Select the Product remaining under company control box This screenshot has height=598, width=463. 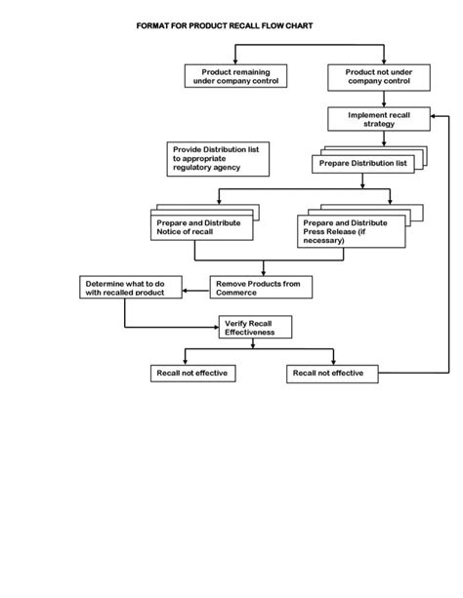(x=235, y=76)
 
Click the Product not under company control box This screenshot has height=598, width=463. (x=379, y=77)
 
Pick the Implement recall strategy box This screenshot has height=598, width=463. (x=379, y=119)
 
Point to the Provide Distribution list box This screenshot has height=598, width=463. (x=218, y=159)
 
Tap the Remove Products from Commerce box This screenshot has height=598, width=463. (x=261, y=287)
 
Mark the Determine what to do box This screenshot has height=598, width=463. (x=131, y=287)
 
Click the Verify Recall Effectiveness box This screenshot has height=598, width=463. (x=255, y=327)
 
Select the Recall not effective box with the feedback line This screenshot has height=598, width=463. (x=332, y=374)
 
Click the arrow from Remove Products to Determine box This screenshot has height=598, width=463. (x=196, y=291)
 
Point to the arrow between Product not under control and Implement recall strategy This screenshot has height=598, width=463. (x=384, y=100)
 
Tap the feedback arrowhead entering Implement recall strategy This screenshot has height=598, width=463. (x=433, y=116)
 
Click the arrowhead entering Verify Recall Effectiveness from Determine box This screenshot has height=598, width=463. (x=216, y=327)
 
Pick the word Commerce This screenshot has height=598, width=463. (x=236, y=293)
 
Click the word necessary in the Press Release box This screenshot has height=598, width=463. (x=323, y=241)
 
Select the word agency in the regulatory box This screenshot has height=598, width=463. (x=227, y=168)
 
